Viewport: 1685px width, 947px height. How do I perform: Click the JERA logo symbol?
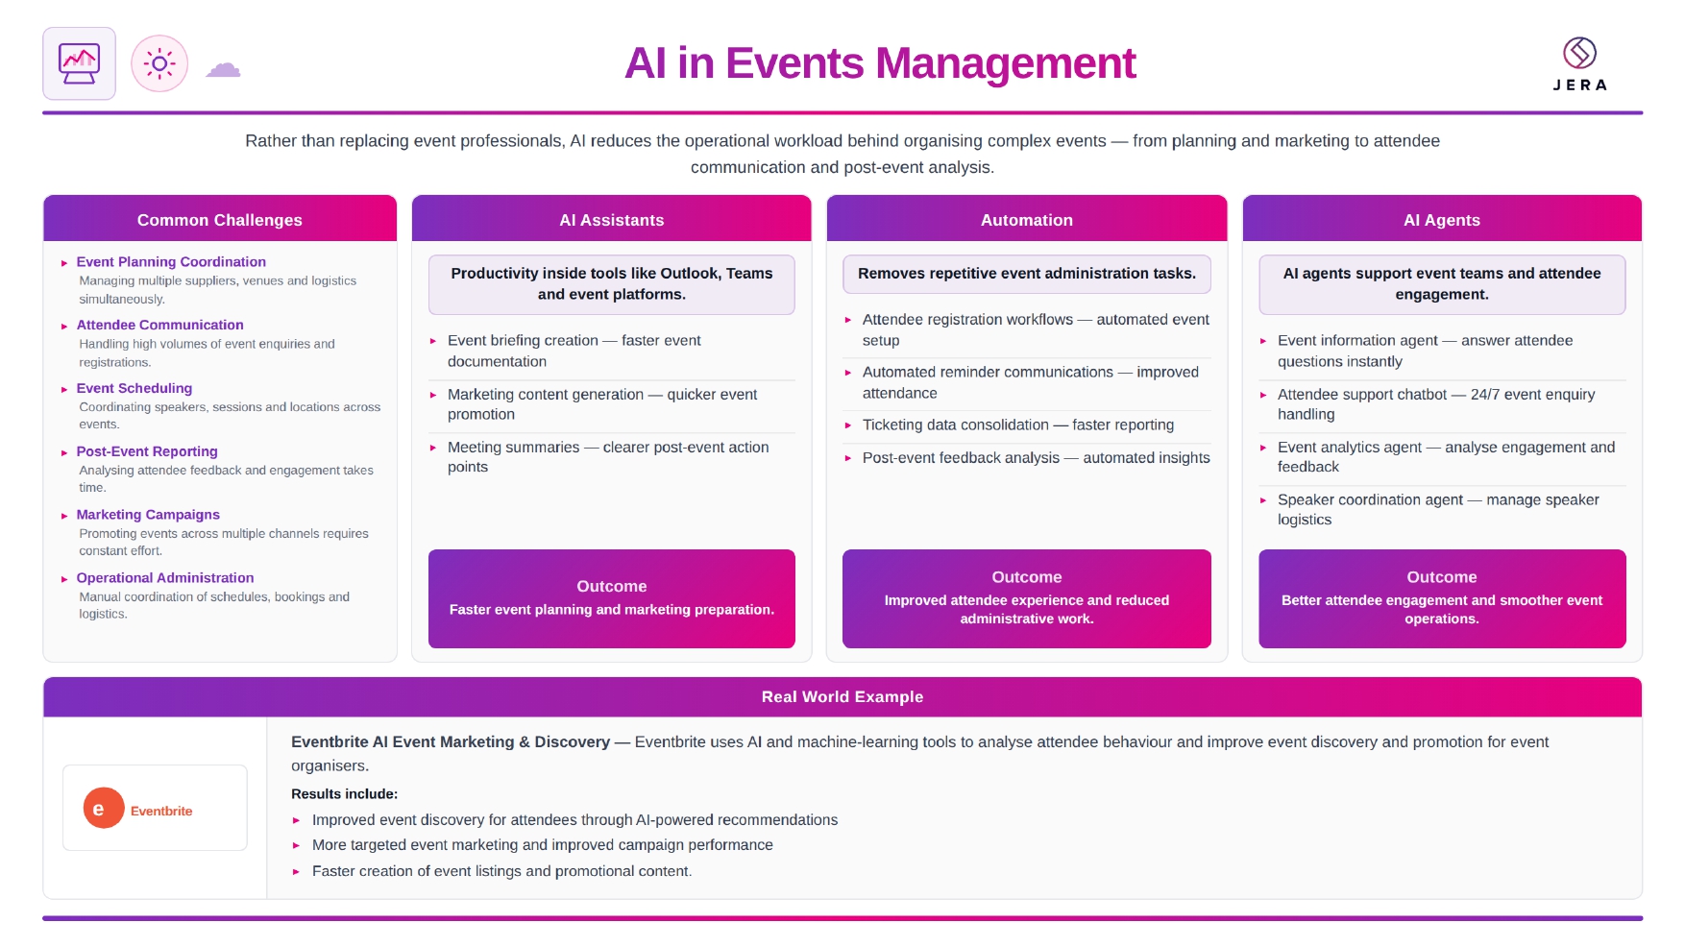coord(1579,53)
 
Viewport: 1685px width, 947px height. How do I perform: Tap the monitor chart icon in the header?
coord(79,63)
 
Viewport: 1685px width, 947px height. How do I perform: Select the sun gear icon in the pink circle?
coord(159,64)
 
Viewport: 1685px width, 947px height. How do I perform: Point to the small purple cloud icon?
coord(223,68)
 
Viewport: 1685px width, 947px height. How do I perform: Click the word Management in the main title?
coord(1005,63)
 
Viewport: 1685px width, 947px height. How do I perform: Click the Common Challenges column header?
coord(220,219)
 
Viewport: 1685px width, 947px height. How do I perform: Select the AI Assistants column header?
coord(612,219)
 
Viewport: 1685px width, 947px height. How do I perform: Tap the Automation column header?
coord(1027,219)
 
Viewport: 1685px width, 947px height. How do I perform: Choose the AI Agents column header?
coord(1442,219)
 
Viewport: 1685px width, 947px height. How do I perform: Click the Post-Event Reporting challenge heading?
coord(147,451)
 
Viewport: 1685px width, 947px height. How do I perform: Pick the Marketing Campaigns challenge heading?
coord(148,515)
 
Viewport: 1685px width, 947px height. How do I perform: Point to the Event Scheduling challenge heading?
coord(134,388)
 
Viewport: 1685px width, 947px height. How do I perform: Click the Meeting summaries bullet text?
coord(608,457)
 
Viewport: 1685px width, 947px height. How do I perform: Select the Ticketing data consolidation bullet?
coord(1018,425)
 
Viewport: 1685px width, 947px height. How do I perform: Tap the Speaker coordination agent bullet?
coord(1438,509)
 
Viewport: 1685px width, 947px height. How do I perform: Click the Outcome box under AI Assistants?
coord(612,598)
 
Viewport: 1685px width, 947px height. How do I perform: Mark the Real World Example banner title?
coord(842,696)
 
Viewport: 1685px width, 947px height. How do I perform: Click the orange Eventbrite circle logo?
coord(104,809)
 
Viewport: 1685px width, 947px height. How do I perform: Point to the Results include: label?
coord(344,793)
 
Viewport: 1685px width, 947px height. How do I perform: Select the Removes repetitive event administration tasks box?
coord(1027,274)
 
